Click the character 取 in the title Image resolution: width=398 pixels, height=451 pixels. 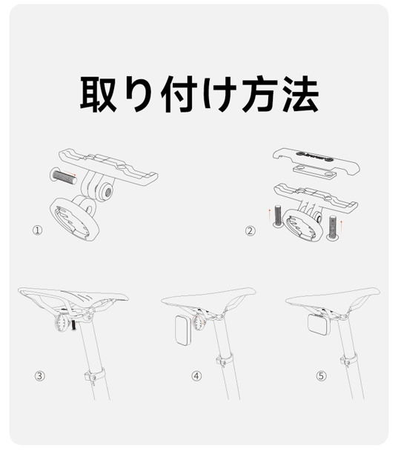tap(98, 94)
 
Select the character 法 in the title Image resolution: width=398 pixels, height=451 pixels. tap(300, 94)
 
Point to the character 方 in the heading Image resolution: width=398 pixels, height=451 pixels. tap(260, 94)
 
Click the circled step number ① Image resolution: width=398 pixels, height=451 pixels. tap(37, 230)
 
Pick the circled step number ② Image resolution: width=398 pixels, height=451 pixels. tap(250, 230)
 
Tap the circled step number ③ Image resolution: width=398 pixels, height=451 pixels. tap(40, 376)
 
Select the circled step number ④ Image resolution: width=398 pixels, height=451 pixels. tap(196, 376)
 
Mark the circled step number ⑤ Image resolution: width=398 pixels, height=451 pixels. tap(321, 376)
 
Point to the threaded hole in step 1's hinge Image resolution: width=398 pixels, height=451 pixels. tap(108, 191)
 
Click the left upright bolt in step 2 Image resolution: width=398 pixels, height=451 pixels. tap(278, 216)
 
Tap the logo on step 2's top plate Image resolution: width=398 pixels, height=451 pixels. tap(315, 156)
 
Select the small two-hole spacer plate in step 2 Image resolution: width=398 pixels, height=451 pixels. tap(314, 171)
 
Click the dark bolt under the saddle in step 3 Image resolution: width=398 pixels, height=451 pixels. tap(73, 325)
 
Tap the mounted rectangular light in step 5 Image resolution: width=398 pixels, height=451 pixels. tap(318, 324)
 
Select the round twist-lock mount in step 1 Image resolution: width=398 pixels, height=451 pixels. tap(74, 219)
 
